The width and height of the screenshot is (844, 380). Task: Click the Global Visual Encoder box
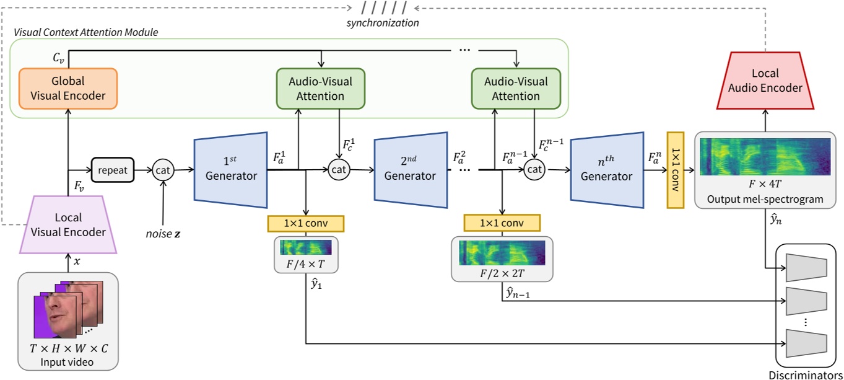tap(68, 88)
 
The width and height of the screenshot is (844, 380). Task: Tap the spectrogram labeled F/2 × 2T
tap(502, 252)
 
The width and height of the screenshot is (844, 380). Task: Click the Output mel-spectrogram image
tap(765, 156)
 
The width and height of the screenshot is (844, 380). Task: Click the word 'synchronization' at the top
tap(383, 23)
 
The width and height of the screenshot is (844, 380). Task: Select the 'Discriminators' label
tap(805, 374)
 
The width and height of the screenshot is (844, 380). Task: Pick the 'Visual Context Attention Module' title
tap(85, 32)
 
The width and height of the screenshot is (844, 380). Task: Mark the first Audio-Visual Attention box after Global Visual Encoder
tap(320, 88)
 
